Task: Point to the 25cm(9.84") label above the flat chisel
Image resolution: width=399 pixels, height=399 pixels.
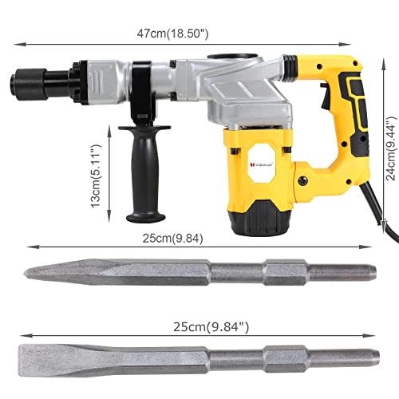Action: [199, 326]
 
